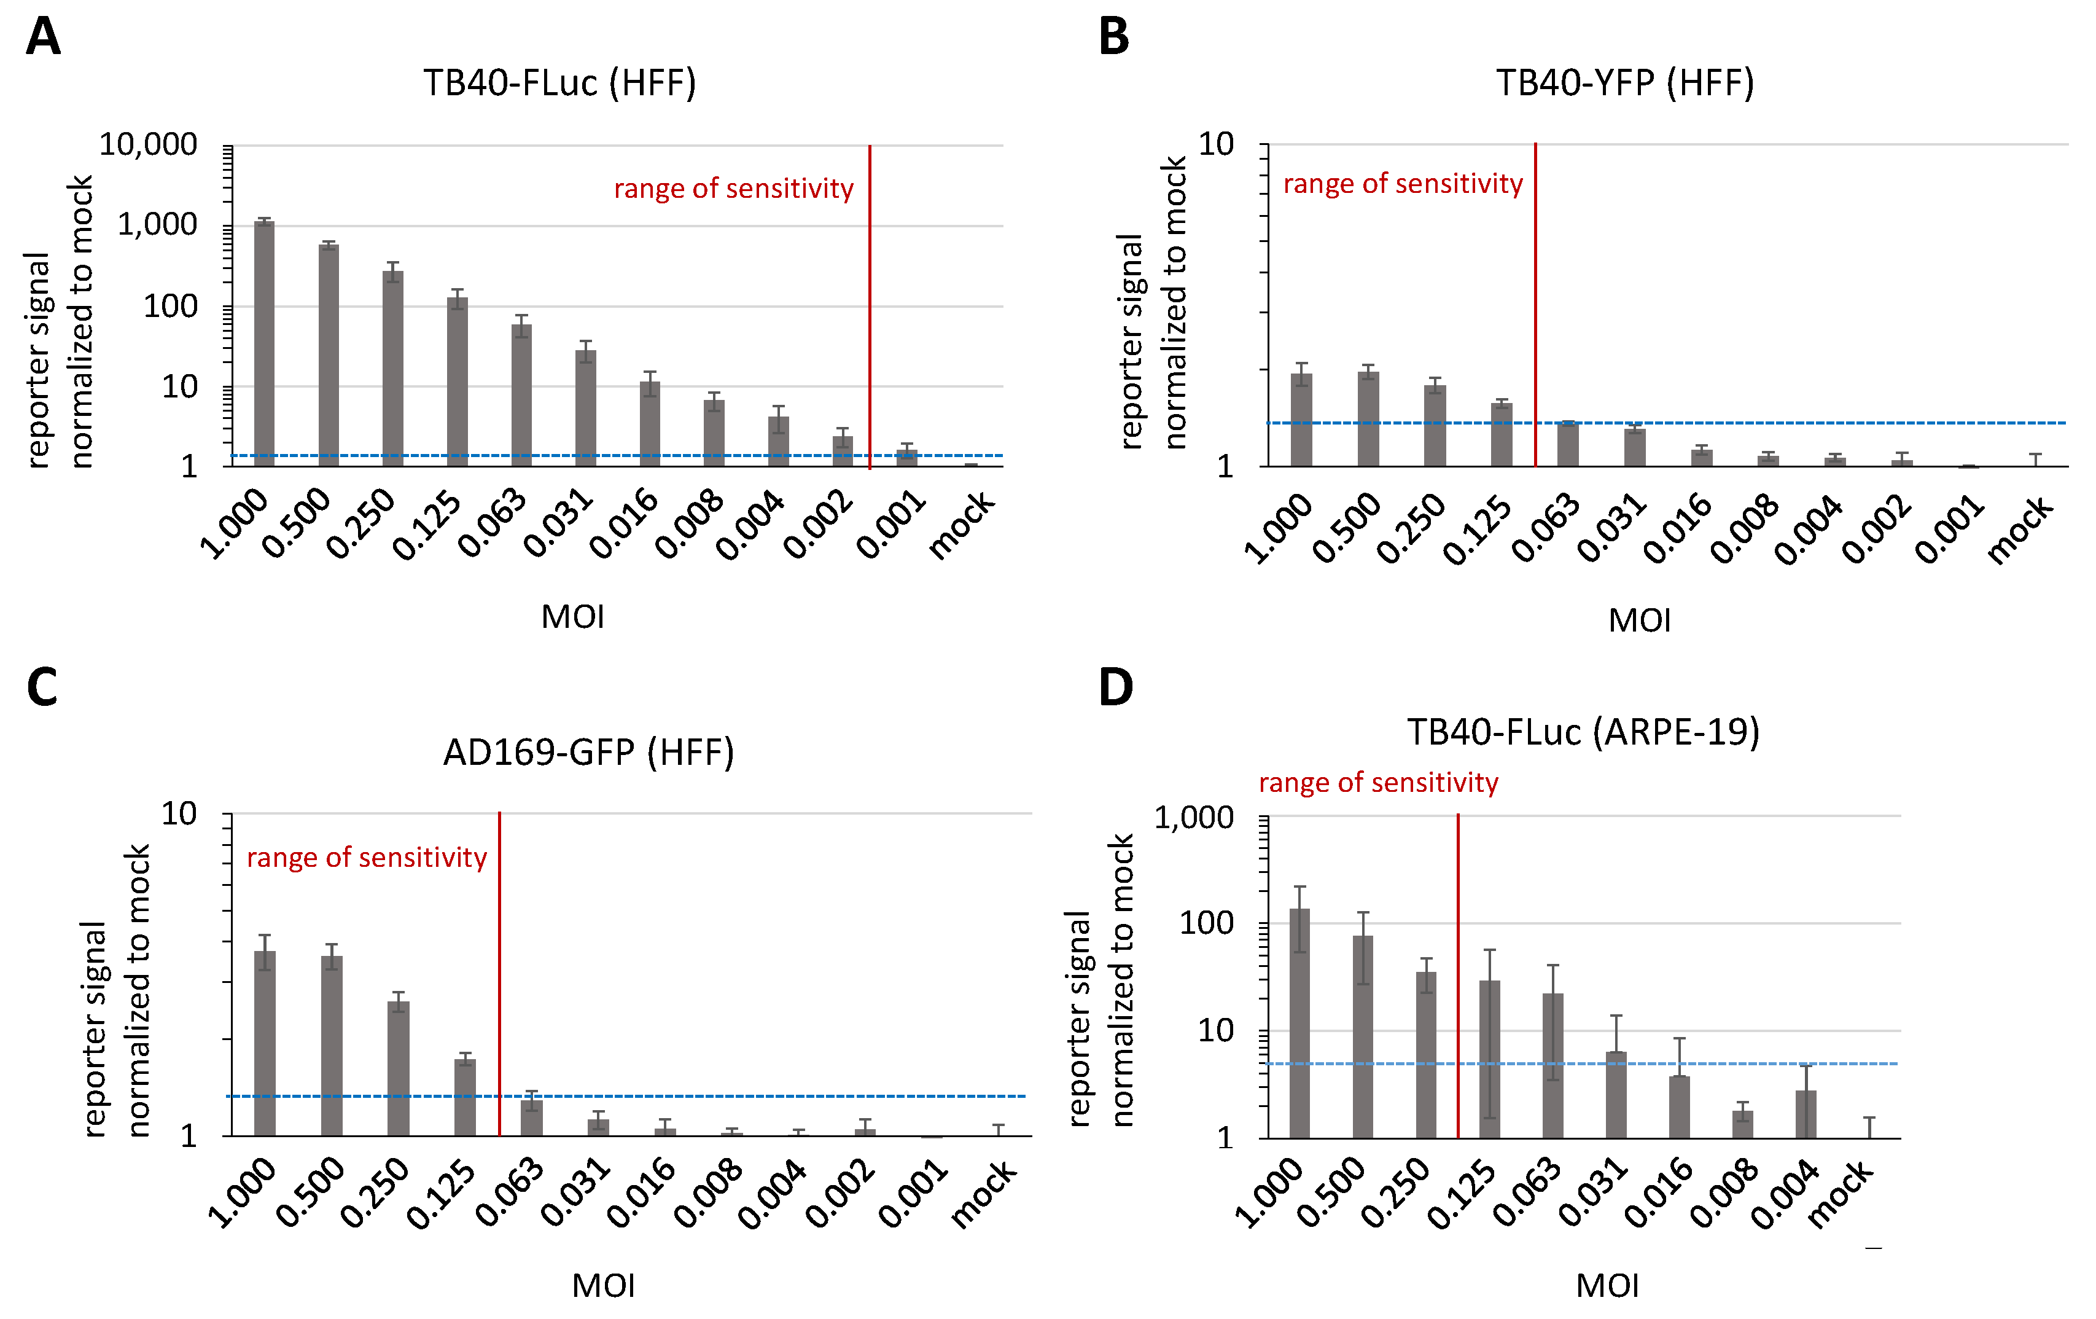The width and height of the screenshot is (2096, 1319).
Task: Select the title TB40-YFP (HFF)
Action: click(1624, 84)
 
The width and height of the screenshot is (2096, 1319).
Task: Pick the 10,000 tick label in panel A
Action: click(148, 144)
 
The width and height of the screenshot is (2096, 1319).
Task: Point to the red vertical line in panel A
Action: click(870, 305)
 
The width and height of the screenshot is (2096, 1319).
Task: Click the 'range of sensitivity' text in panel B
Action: click(1403, 184)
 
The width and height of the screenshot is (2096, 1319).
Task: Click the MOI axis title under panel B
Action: click(1639, 620)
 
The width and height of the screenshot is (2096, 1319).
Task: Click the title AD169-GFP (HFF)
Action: click(588, 752)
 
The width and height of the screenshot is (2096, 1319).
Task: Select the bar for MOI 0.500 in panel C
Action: click(332, 1045)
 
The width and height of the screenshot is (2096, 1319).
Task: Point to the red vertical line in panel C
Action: click(500, 975)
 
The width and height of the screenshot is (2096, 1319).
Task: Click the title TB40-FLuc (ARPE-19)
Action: click(1583, 732)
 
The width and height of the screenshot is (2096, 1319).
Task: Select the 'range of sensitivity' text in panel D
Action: click(1378, 783)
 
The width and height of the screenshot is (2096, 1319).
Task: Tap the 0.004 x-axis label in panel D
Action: click(1785, 1194)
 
